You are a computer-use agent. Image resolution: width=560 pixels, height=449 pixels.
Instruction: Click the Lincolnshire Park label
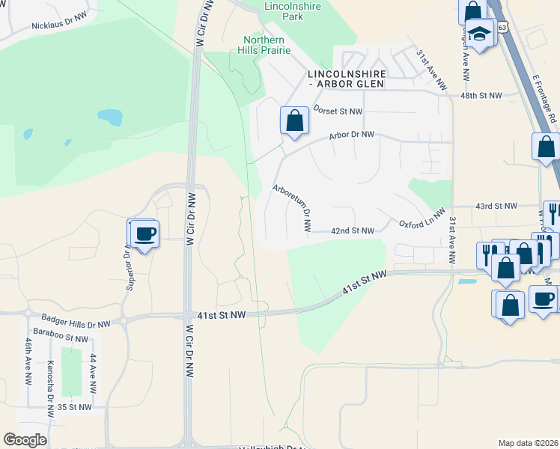(293, 10)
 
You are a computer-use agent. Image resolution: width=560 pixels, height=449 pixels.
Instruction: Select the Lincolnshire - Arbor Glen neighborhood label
(347, 79)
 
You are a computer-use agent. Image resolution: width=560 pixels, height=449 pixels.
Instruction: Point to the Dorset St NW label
(338, 111)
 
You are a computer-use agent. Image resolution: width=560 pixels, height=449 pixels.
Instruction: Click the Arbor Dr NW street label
(351, 135)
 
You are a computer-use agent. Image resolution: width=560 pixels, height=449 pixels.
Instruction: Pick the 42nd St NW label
(353, 231)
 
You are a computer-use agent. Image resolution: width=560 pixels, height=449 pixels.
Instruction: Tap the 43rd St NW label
(496, 206)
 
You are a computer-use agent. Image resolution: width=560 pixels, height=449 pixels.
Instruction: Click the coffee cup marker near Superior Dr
(145, 233)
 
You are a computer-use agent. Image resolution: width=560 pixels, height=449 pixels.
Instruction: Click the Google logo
(25, 439)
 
